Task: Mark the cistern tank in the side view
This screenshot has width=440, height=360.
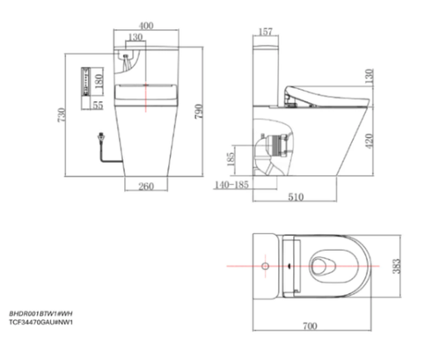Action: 268,70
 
